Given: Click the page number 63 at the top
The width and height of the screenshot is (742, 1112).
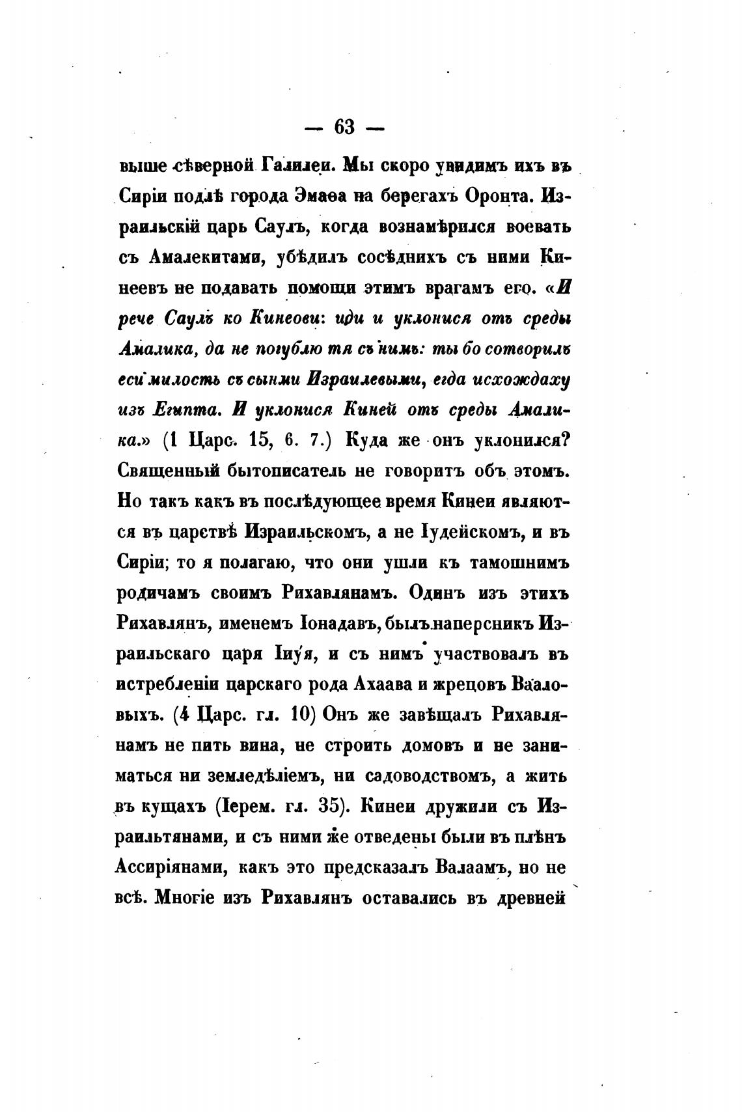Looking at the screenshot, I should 344,128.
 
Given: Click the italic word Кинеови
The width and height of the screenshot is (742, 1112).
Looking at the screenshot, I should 282,318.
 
